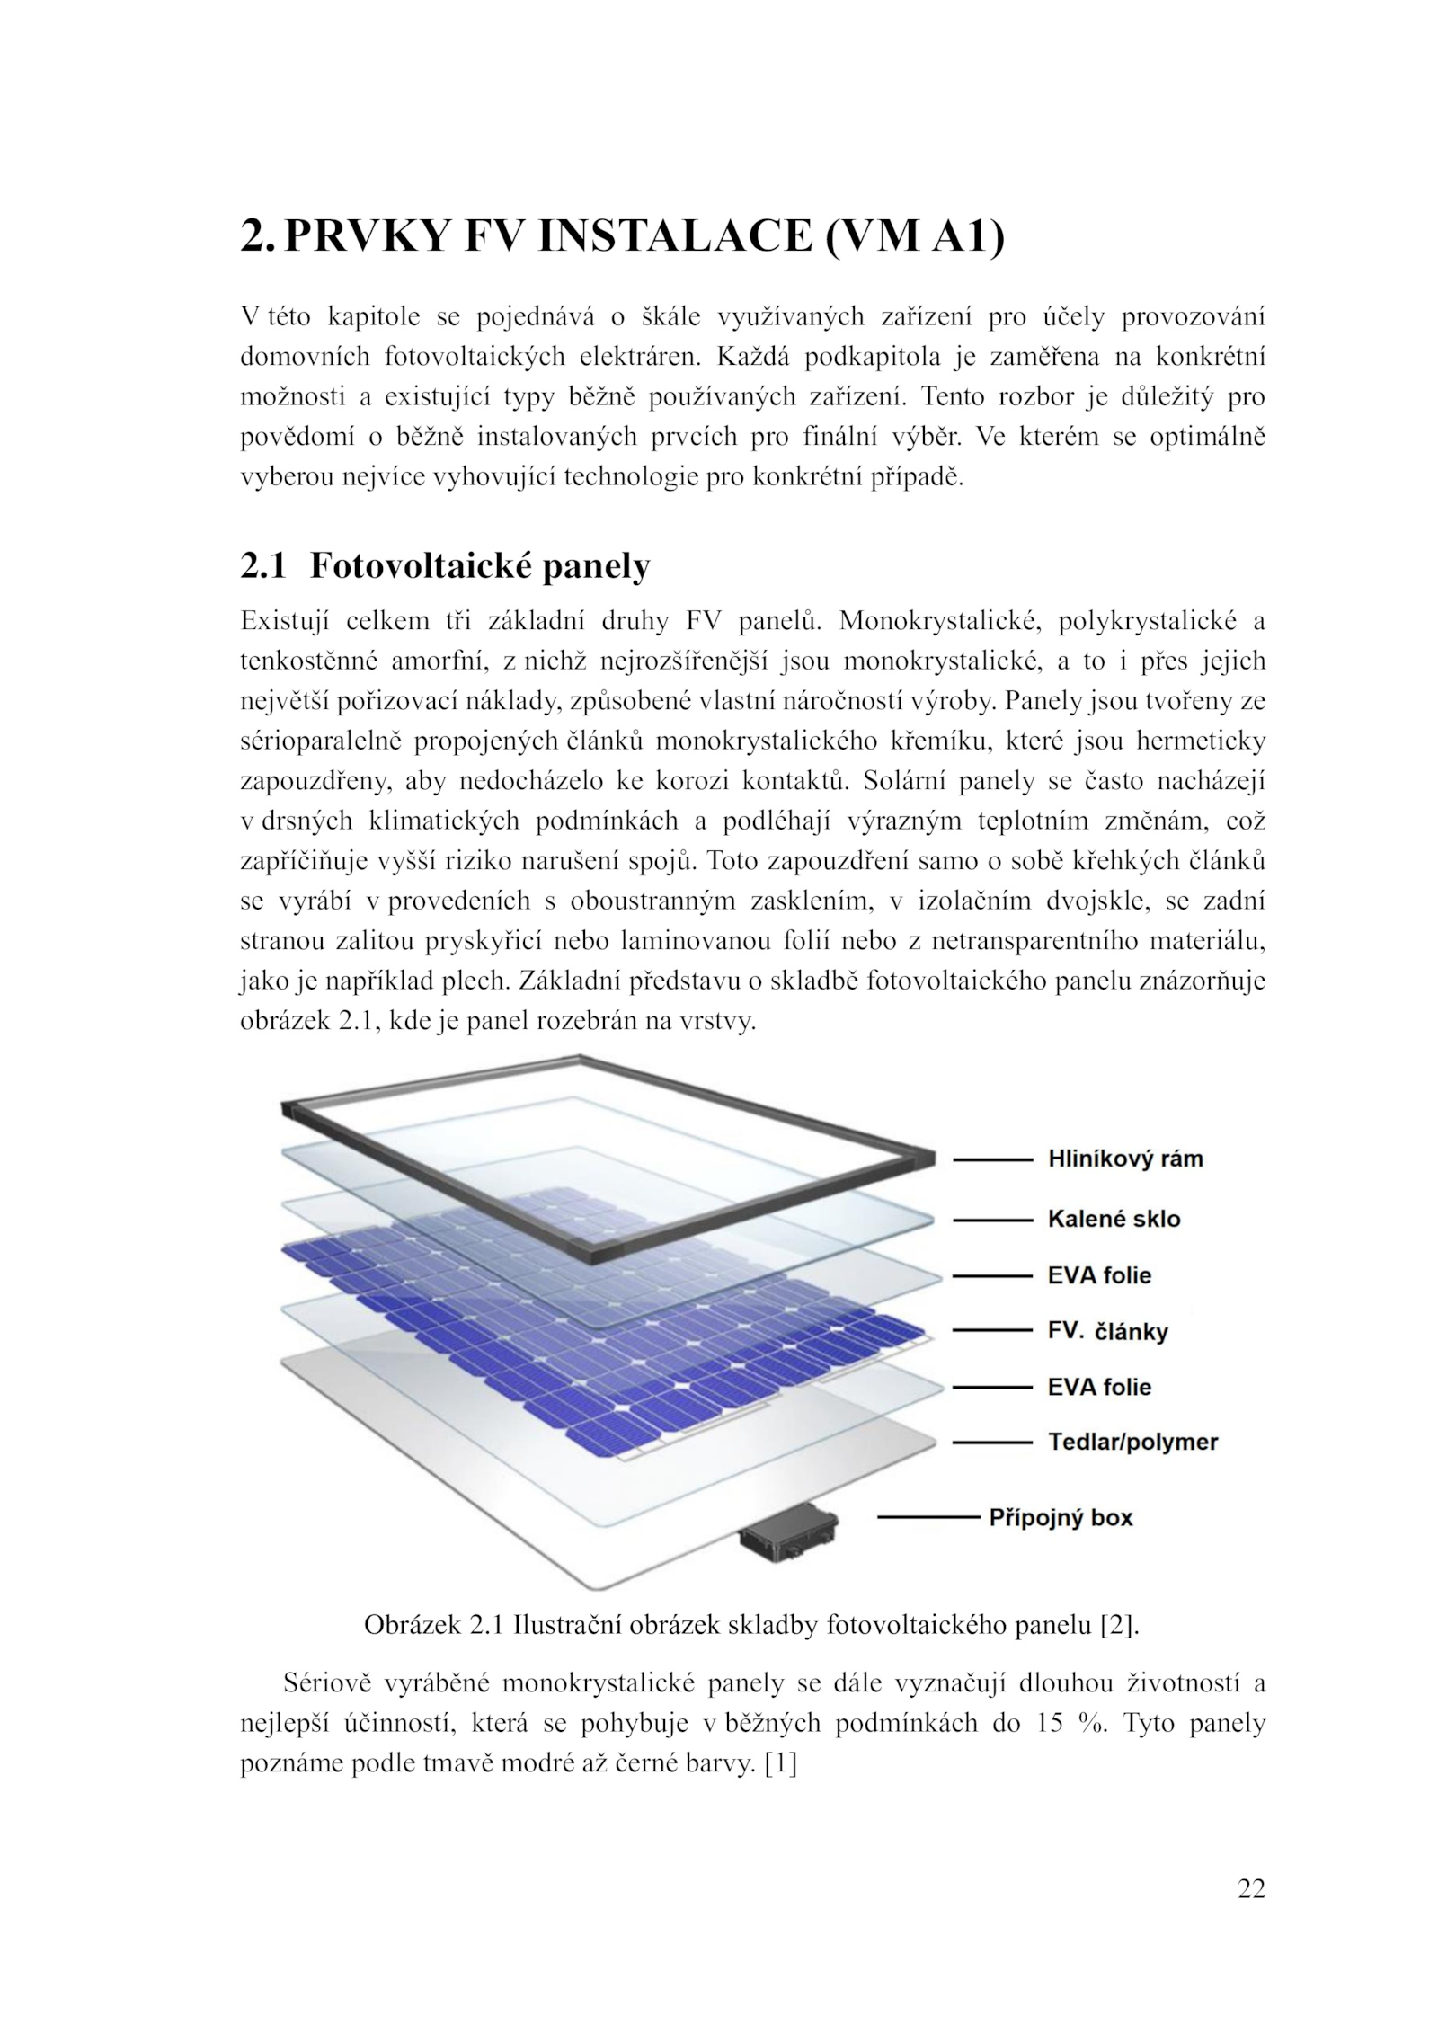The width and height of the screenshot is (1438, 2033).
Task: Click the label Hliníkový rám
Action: [1124, 1159]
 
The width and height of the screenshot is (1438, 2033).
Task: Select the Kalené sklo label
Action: [1114, 1219]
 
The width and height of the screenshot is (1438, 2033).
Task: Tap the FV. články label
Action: [1107, 1331]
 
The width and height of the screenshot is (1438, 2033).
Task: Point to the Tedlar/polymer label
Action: [1132, 1442]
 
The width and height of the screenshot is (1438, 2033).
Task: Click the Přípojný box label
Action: [1061, 1517]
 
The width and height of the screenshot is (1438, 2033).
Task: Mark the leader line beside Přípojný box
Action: [928, 1517]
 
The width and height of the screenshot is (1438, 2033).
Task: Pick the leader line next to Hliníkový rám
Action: [992, 1159]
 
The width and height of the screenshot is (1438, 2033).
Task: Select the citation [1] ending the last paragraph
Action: [780, 1763]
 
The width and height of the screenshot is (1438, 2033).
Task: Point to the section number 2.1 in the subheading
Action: [262, 566]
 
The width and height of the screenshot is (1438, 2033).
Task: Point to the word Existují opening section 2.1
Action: [285, 621]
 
